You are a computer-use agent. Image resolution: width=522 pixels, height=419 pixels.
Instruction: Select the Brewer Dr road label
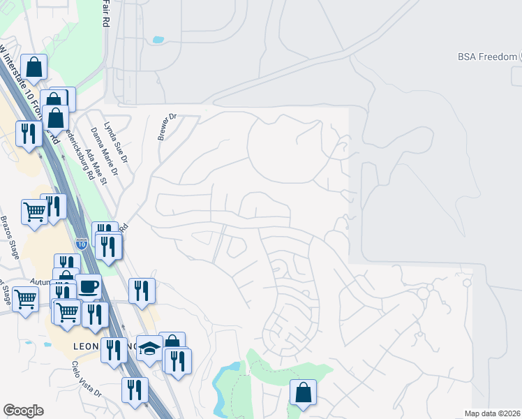(167, 127)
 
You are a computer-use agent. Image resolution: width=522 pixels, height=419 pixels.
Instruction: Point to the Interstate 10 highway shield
(81, 244)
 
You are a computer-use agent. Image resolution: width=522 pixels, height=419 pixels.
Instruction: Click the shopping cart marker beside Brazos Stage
(34, 211)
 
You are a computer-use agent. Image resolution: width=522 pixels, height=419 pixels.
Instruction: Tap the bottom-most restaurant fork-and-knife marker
(135, 390)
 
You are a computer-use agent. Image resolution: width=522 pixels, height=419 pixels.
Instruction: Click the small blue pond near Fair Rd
(158, 40)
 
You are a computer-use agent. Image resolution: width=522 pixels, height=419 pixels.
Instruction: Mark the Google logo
(23, 411)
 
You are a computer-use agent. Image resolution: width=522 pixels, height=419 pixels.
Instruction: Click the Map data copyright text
(493, 413)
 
